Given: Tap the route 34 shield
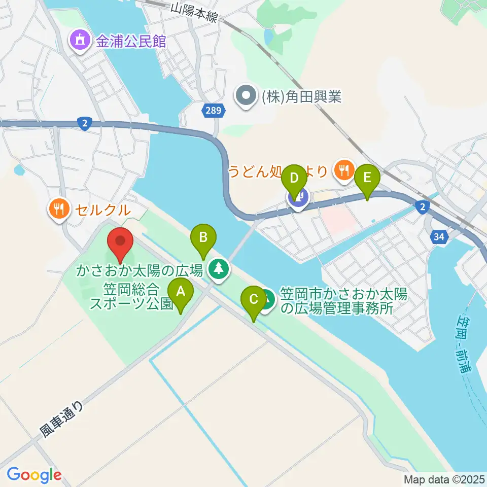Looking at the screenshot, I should (440, 236).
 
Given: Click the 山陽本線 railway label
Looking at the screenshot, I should (194, 12).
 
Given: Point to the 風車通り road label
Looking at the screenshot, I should (60, 420).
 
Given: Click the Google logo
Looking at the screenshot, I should (34, 475).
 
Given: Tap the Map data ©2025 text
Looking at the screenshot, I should (444, 479).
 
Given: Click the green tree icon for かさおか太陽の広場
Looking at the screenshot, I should (219, 268).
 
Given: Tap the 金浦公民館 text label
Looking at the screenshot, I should (131, 41).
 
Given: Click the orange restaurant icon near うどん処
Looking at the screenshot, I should (344, 170).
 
